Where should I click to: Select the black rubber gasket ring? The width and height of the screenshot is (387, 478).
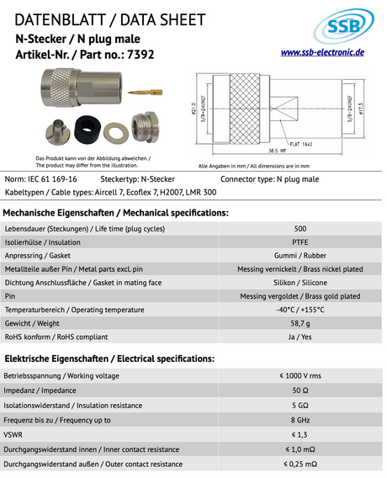pos(85,130)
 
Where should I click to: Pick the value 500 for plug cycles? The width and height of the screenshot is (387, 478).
pos(300,229)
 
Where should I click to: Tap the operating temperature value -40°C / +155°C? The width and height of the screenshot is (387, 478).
pos(300,310)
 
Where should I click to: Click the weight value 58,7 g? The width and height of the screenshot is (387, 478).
pos(300,323)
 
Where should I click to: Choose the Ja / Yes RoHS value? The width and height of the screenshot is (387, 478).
pos(300,337)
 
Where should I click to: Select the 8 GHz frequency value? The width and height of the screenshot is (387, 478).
pos(300,420)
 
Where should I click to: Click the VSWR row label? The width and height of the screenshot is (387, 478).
pos(15,434)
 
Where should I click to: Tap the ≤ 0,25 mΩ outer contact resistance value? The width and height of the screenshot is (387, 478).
pos(300,464)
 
